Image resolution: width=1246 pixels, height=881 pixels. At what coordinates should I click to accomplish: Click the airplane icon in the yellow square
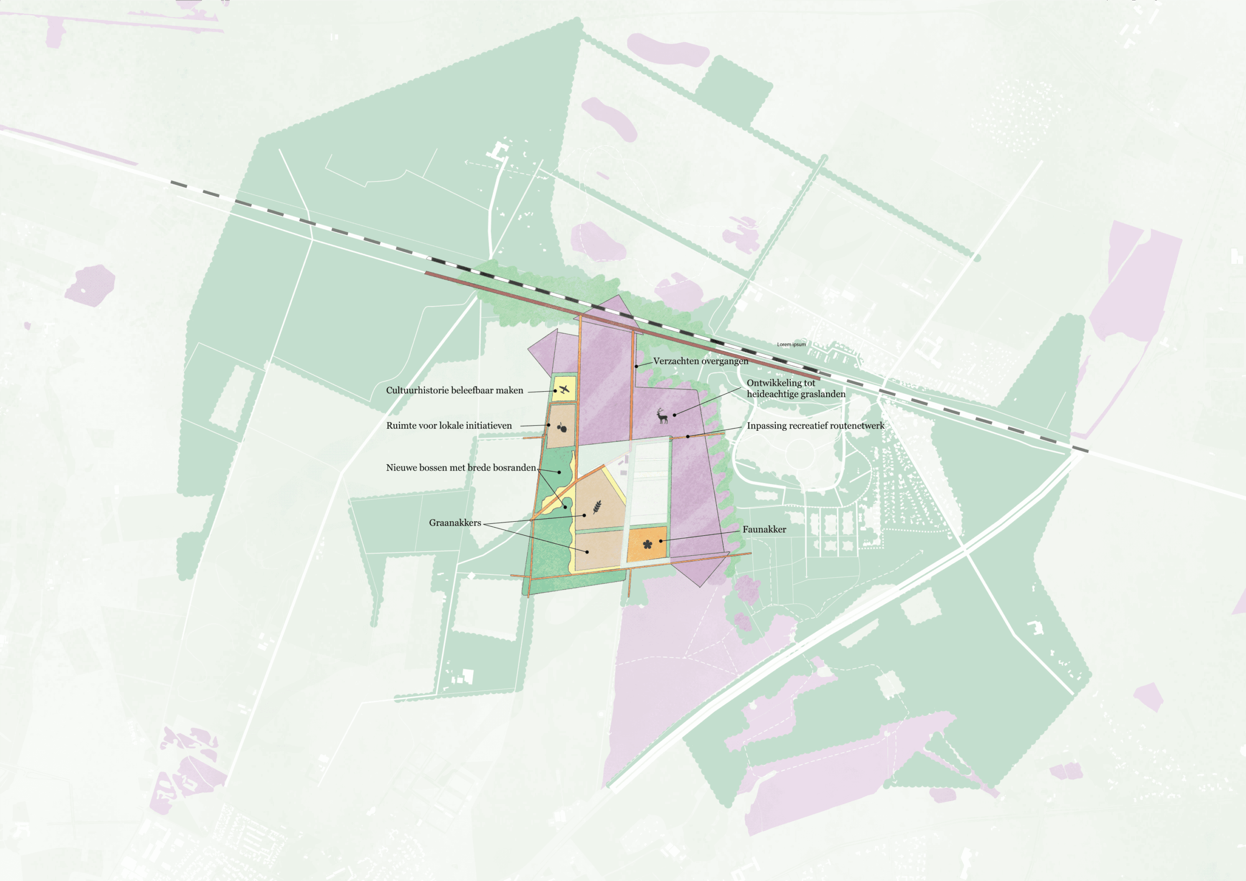(x=565, y=389)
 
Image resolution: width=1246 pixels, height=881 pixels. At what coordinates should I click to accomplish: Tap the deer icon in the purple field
(x=662, y=416)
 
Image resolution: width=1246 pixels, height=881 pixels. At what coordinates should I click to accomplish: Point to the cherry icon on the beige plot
(x=562, y=427)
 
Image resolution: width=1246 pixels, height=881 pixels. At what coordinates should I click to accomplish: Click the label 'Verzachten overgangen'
(x=700, y=361)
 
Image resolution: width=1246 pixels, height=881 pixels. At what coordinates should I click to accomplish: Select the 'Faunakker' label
(x=764, y=529)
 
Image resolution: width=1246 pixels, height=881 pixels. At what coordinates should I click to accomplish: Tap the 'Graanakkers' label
(x=455, y=523)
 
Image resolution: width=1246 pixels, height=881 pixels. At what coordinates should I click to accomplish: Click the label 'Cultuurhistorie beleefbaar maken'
(x=454, y=390)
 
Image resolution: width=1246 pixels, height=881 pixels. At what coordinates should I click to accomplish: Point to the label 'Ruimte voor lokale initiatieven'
(x=449, y=425)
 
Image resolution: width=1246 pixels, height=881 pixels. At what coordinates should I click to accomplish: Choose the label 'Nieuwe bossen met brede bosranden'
(x=461, y=467)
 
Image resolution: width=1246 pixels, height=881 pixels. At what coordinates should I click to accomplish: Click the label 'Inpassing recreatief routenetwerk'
(x=815, y=425)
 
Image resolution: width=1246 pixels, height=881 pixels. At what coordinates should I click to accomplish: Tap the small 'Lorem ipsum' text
(x=791, y=344)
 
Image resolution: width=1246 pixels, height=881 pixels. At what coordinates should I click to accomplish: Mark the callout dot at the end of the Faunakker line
(x=660, y=541)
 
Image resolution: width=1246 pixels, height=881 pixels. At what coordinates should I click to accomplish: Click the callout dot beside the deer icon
(x=675, y=415)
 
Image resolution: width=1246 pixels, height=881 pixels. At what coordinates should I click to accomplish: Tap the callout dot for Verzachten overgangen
(x=637, y=367)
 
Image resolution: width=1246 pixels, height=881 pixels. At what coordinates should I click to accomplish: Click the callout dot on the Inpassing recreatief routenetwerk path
(x=688, y=437)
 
